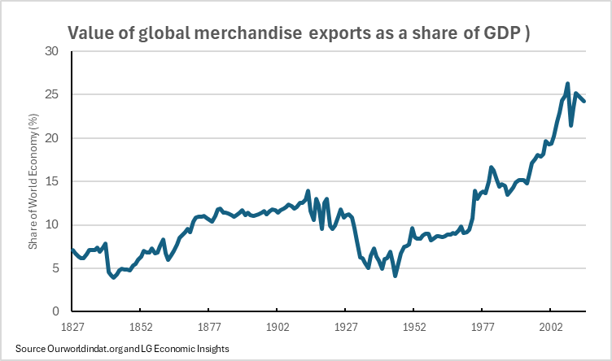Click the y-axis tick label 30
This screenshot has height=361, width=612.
53,51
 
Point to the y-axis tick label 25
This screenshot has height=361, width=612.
53,94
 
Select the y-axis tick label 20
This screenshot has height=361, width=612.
53,138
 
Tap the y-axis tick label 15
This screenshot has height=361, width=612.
53,181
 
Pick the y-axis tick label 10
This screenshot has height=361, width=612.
53,225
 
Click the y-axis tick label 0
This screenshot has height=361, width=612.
56,311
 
